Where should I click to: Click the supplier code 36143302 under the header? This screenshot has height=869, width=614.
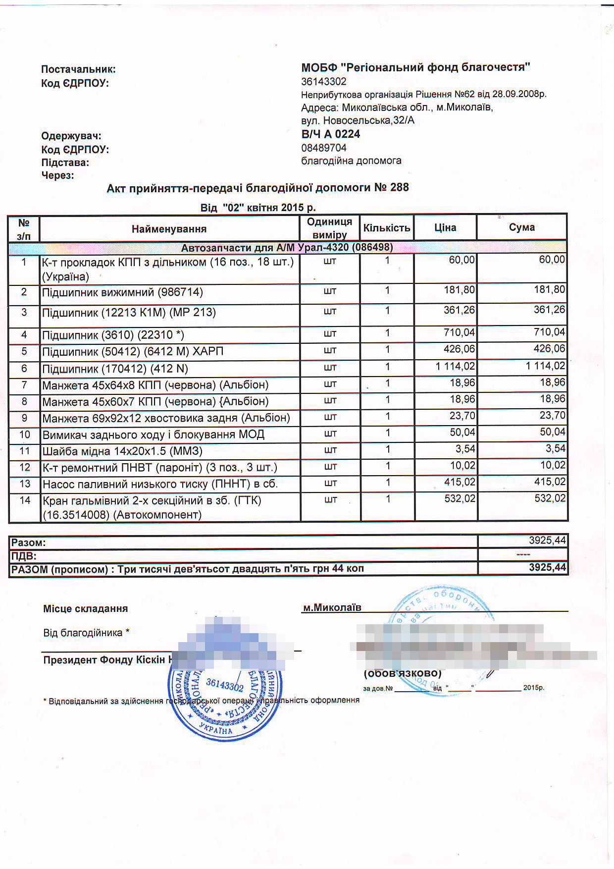[x=324, y=82]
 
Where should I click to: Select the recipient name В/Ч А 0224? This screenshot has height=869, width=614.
[x=330, y=134]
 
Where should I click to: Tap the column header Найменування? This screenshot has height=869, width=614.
[x=169, y=229]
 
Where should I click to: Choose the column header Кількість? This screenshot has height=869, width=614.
[x=387, y=228]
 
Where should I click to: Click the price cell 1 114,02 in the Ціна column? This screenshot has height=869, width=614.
[x=455, y=367]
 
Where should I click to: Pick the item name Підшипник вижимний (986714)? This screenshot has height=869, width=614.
[x=122, y=292]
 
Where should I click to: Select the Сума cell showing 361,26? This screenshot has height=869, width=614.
[x=549, y=310]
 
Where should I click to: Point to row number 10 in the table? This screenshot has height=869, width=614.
[x=24, y=434]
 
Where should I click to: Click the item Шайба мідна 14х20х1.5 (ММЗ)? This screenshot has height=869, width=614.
[x=122, y=451]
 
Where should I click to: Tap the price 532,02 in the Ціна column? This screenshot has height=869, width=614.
[x=460, y=498]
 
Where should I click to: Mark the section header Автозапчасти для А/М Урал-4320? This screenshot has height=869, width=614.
[x=287, y=248]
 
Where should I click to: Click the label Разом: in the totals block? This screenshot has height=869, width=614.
[x=28, y=543]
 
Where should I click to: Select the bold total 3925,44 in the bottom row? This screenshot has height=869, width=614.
[x=547, y=568]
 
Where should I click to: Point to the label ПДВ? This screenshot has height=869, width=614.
[x=24, y=556]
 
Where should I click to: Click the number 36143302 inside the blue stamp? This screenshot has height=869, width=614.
[x=224, y=685]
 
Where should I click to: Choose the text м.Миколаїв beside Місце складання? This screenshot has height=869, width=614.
[x=332, y=608]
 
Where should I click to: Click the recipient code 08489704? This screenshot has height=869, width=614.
[x=324, y=148]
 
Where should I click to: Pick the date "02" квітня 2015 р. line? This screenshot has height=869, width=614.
[x=258, y=208]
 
